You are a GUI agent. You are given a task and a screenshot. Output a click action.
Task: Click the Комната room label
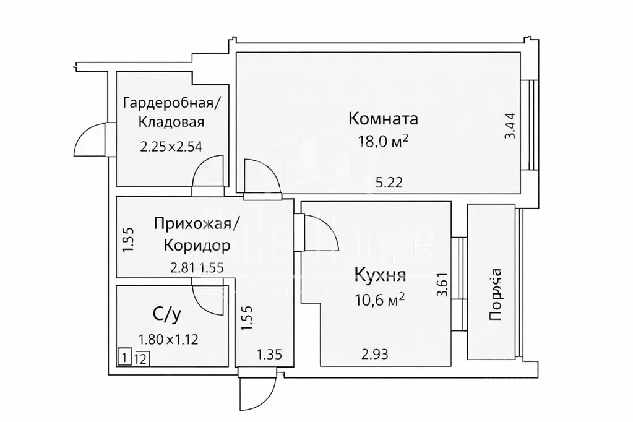(x=383, y=118)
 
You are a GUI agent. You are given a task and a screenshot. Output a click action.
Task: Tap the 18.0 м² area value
(x=383, y=141)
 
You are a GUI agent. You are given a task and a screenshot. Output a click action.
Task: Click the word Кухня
(x=379, y=275)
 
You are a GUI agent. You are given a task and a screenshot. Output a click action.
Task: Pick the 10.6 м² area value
(x=379, y=300)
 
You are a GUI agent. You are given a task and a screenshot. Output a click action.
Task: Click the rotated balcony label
(x=495, y=298)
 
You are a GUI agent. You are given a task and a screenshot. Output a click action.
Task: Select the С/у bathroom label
(x=166, y=316)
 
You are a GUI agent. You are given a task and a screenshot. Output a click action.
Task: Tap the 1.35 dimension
(x=269, y=354)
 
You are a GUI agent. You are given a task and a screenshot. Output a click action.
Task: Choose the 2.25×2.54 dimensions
(x=171, y=147)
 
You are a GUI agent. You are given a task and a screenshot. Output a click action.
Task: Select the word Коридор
(x=197, y=246)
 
